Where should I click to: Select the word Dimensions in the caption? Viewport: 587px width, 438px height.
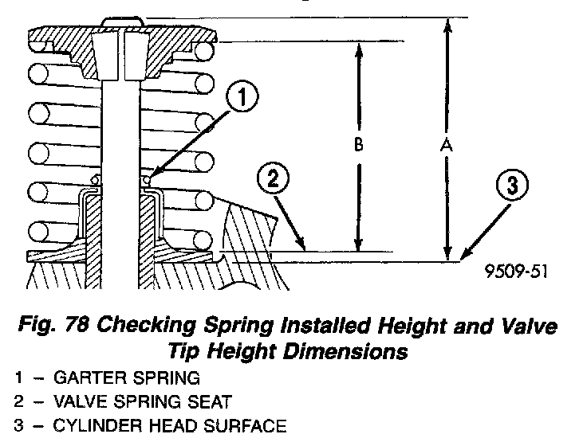coord(350,350)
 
